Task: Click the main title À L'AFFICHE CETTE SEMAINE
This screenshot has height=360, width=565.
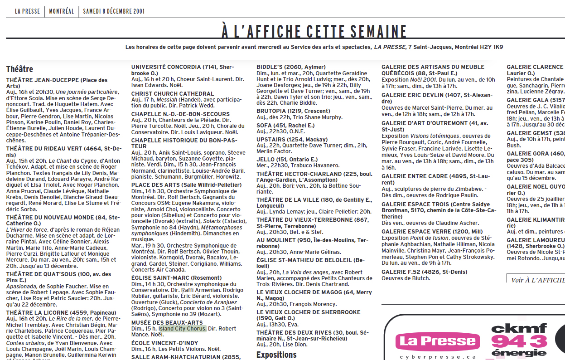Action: pyautogui.click(x=314, y=32)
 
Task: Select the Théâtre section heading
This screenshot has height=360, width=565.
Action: pyautogui.click(x=19, y=69)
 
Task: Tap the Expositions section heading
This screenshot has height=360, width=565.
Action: pyautogui.click(x=277, y=355)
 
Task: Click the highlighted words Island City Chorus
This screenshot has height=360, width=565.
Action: pyautogui.click(x=182, y=328)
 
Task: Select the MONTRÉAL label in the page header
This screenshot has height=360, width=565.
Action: pyautogui.click(x=61, y=11)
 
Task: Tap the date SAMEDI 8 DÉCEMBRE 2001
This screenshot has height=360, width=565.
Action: pyautogui.click(x=115, y=11)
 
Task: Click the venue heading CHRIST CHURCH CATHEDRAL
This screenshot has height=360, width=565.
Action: pyautogui.click(x=166, y=94)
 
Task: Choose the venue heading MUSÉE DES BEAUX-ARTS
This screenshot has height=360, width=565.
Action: pyautogui.click(x=160, y=322)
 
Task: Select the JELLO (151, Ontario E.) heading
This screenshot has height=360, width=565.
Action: pyautogui.click(x=287, y=160)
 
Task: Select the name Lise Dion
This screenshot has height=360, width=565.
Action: pyautogui.click(x=296, y=345)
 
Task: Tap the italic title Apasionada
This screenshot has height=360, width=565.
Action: pyautogui.click(x=21, y=287)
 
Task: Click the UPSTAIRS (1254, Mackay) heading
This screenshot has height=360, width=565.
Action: pyautogui.click(x=292, y=139)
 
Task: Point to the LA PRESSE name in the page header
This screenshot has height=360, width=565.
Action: pyautogui.click(x=27, y=11)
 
